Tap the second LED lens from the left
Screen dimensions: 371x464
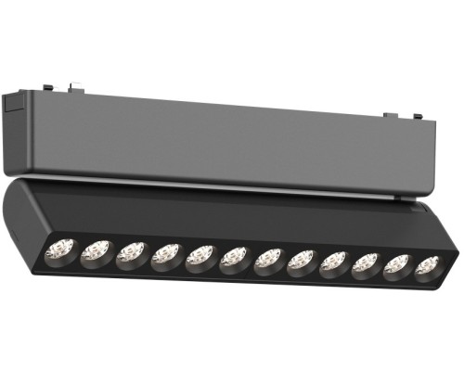(96, 250)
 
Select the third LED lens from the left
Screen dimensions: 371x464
(132, 252)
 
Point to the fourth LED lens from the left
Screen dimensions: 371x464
(166, 254)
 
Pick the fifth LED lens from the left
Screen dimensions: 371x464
(200, 256)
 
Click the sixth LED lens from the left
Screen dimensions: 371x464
(234, 257)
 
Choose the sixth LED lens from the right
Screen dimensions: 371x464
(267, 259)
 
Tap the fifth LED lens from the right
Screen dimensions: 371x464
(301, 261)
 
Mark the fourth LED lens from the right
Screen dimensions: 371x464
(333, 262)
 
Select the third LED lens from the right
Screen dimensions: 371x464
(365, 263)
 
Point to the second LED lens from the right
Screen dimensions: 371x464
(396, 264)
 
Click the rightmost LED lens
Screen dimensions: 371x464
(427, 266)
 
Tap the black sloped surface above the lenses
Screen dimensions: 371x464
(232, 216)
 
